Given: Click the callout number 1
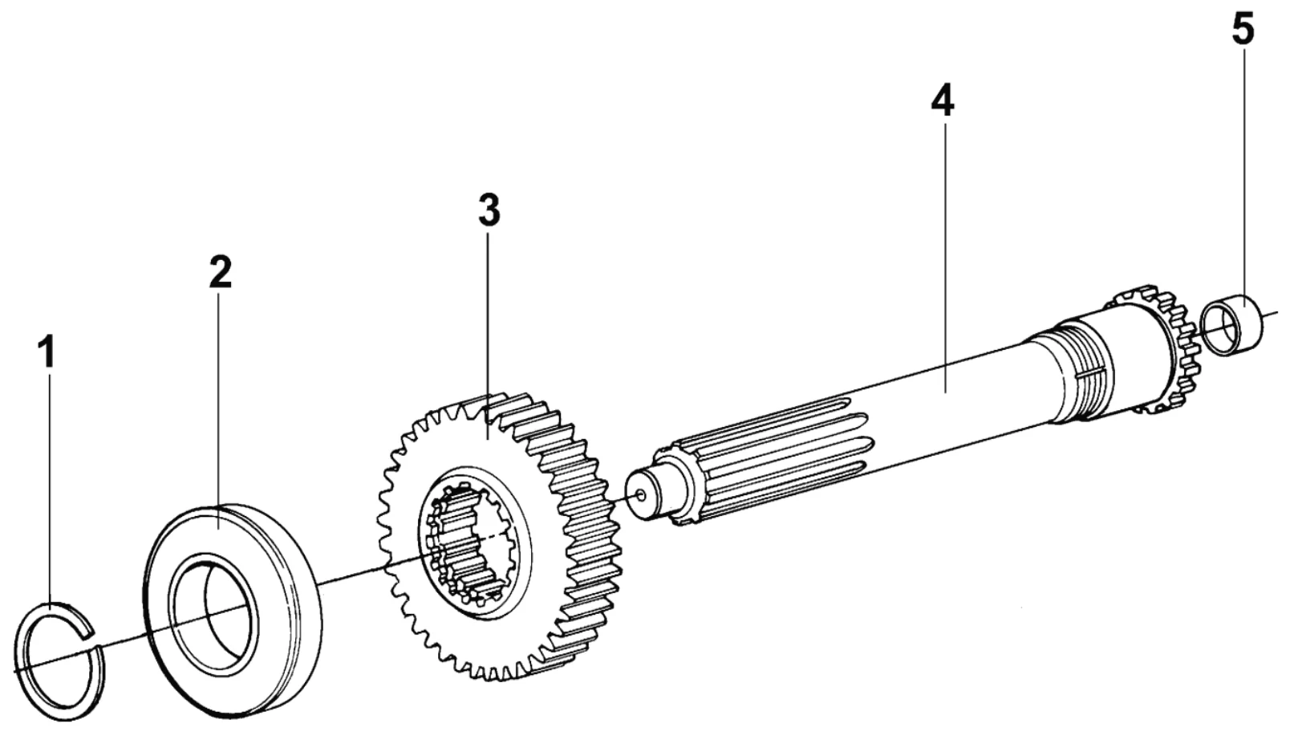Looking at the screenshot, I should (x=48, y=352).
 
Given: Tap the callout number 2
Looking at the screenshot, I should (x=220, y=272).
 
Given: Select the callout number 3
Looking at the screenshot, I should (x=489, y=210).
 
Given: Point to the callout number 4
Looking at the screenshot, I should (x=943, y=100).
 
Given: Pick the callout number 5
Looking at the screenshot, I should (x=1243, y=30).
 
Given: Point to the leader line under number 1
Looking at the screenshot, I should (x=49, y=482).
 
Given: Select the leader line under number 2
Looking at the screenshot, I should (x=220, y=401).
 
